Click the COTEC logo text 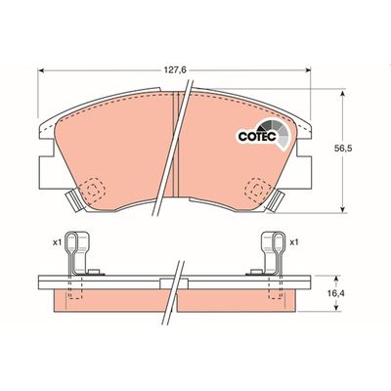pyautogui.click(x=257, y=137)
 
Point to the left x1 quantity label pyautogui.click(x=58, y=242)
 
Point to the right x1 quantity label pyautogui.click(x=294, y=242)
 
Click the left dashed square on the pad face pyautogui.click(x=93, y=188)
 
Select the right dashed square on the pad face pyautogui.click(x=258, y=188)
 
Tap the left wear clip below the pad pyautogui.click(x=73, y=201)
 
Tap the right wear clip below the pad pyautogui.click(x=276, y=201)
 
